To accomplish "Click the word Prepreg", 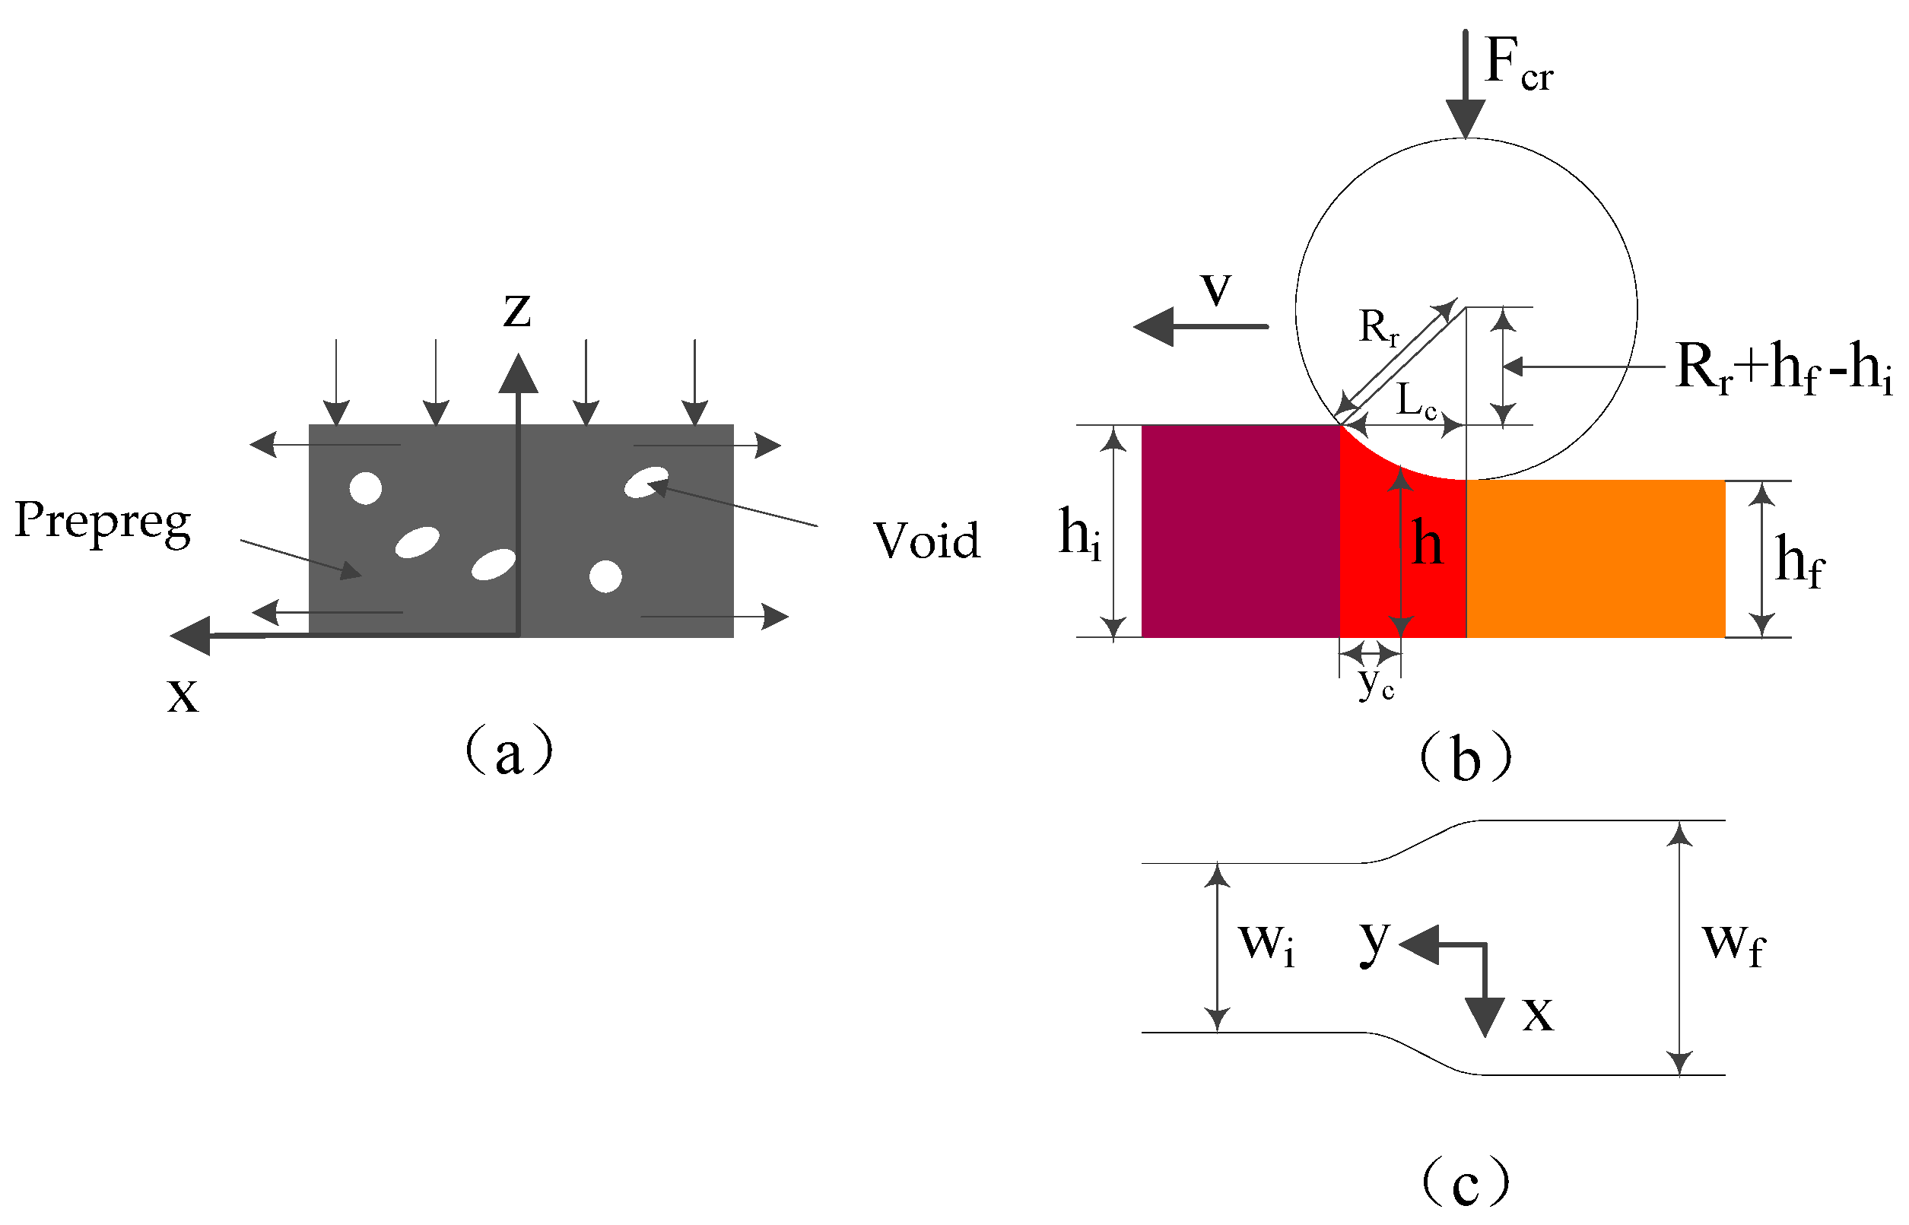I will coord(103,522).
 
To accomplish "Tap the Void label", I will coord(926,541).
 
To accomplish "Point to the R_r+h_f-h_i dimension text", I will coord(1783,367).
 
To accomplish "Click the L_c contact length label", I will coord(1417,401).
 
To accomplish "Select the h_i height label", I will coord(1080,533).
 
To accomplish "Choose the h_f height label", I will coord(1799,561).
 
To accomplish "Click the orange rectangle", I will coord(1595,558).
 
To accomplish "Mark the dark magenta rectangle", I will coord(1240,532).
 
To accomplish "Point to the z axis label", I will coord(517,310).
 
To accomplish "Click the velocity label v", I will coord(1216,288).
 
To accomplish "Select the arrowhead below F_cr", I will coord(1465,118).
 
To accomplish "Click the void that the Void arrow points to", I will coord(646,482).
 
